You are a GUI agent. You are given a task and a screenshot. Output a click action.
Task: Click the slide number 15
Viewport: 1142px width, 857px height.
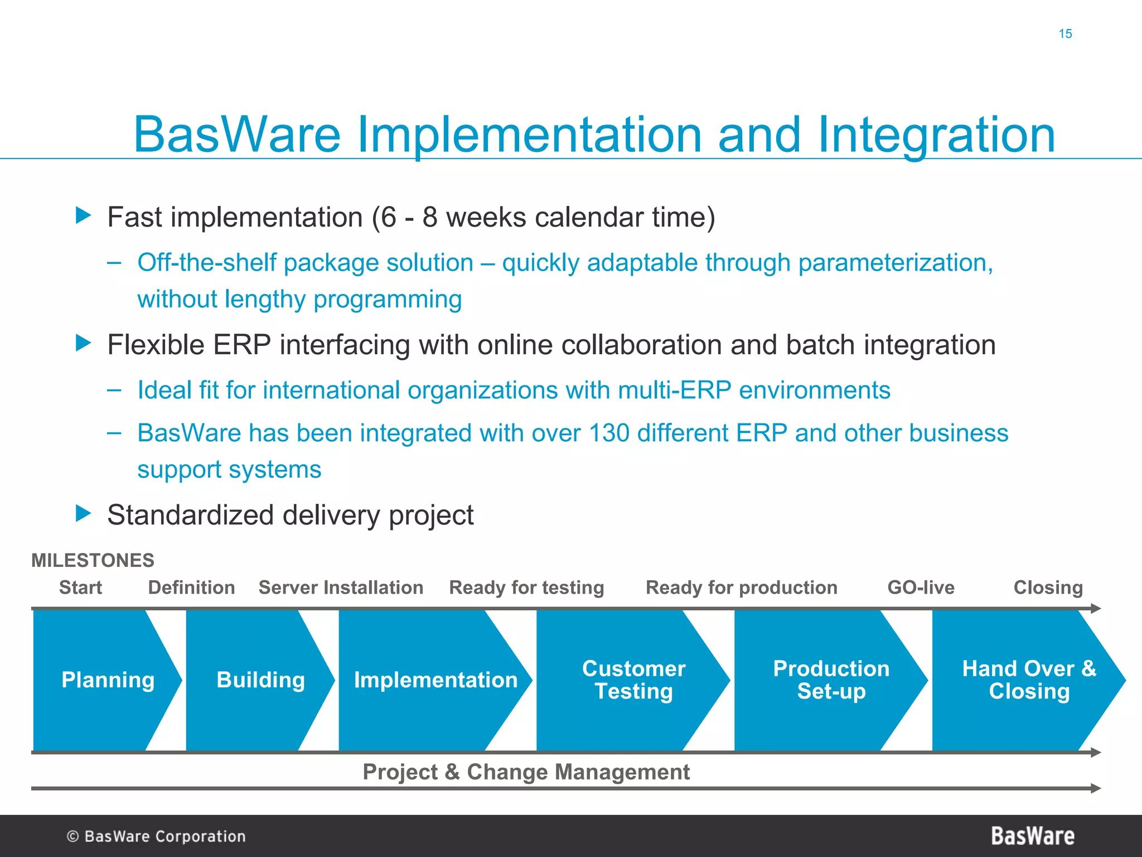(1065, 34)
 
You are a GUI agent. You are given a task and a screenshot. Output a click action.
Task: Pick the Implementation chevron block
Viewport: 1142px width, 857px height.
(435, 680)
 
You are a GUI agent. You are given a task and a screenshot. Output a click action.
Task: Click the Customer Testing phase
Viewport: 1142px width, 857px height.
(633, 680)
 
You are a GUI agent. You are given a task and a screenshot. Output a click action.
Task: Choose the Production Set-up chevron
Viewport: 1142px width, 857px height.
(831, 680)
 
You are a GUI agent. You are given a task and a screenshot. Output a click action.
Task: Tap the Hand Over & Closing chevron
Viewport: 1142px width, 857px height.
(1029, 680)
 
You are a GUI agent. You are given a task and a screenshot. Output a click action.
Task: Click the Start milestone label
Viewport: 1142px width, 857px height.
(80, 588)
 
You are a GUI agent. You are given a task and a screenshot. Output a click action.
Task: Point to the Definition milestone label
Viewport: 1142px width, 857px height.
(191, 588)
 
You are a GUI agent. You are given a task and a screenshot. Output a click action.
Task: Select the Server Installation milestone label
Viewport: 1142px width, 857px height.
(341, 588)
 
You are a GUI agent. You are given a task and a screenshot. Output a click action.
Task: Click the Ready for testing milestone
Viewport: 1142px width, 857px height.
(526, 588)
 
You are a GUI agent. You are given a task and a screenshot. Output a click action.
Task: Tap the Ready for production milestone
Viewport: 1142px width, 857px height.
(741, 588)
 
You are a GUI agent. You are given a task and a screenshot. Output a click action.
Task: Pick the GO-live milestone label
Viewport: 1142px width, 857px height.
(921, 588)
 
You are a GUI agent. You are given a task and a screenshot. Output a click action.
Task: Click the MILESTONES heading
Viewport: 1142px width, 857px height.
(93, 560)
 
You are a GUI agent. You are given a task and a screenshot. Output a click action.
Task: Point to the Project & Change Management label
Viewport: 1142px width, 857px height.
(526, 772)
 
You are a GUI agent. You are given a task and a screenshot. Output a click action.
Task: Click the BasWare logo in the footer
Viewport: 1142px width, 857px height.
(1033, 836)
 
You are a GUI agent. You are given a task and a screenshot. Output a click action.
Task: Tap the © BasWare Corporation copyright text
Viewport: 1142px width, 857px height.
(156, 836)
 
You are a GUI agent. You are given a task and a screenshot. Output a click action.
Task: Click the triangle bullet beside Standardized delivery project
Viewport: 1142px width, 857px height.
(83, 513)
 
